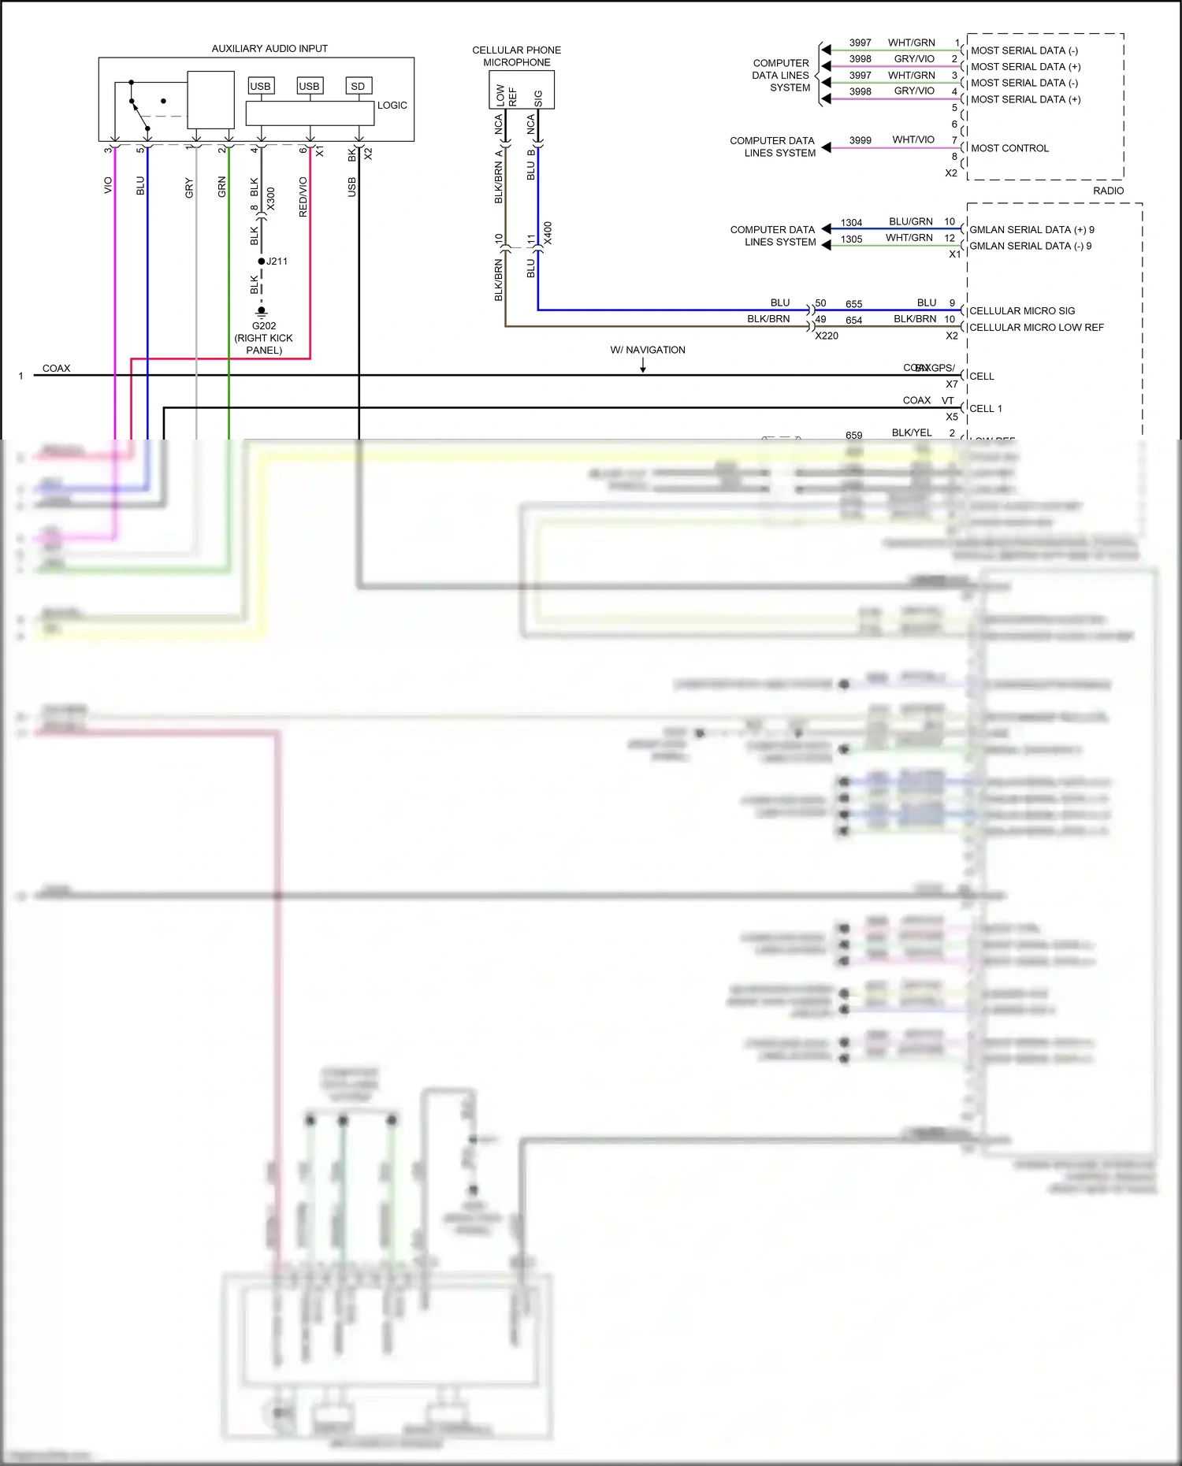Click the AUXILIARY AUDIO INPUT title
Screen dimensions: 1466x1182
click(x=269, y=49)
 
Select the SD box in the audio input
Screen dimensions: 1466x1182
click(x=358, y=86)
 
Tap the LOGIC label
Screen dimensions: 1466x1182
click(x=392, y=106)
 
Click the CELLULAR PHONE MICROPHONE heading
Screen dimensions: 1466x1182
click(x=517, y=56)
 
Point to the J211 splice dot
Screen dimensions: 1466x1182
click(x=262, y=262)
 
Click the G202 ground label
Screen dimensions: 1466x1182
click(x=264, y=326)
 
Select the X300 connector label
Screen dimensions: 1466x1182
click(x=271, y=199)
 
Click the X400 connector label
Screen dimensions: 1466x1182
click(x=548, y=233)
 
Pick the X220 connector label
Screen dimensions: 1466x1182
click(x=827, y=336)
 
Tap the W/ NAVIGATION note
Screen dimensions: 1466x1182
click(x=648, y=350)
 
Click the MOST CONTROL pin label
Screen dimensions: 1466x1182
click(x=1009, y=148)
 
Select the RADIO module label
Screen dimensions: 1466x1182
click(x=1108, y=191)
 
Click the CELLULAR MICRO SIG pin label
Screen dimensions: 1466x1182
click(x=1022, y=311)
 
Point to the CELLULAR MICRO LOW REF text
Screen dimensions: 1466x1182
click(x=1036, y=328)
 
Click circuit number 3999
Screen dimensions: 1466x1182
click(x=860, y=140)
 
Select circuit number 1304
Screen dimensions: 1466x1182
click(x=851, y=223)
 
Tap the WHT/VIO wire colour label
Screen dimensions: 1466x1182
click(x=913, y=139)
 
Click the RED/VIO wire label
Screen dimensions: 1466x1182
click(x=303, y=197)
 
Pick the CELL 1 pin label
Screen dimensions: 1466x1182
click(x=986, y=409)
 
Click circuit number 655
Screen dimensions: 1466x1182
click(x=854, y=304)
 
